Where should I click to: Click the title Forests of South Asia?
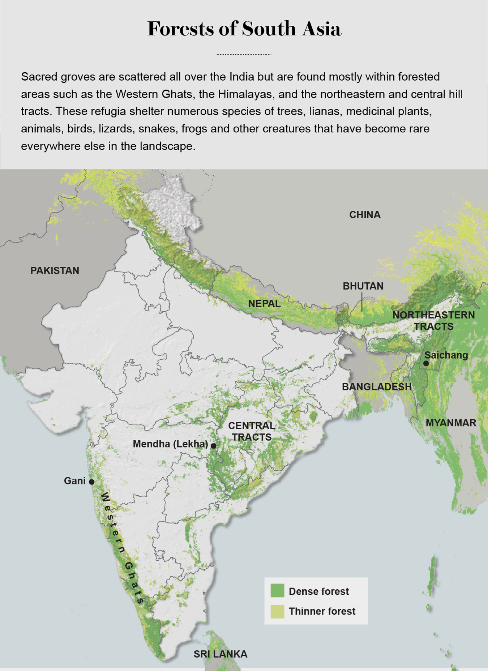[244, 29]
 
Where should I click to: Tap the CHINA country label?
[364, 215]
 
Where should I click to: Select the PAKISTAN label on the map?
[55, 270]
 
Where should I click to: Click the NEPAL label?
[264, 303]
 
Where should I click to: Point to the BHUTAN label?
[363, 286]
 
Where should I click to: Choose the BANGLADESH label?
[377, 386]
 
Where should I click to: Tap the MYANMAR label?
[451, 423]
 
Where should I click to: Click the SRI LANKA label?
[221, 654]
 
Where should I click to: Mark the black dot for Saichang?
[426, 363]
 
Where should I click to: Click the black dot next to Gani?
[92, 482]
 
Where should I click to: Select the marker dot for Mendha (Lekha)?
[214, 446]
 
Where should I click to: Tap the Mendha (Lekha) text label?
[170, 444]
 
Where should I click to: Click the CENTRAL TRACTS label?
[252, 431]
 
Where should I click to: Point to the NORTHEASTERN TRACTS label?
[433, 321]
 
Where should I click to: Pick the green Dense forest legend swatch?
[277, 591]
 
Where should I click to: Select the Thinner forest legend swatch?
[277, 611]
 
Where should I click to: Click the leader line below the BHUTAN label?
[362, 302]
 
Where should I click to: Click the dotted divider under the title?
[244, 54]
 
